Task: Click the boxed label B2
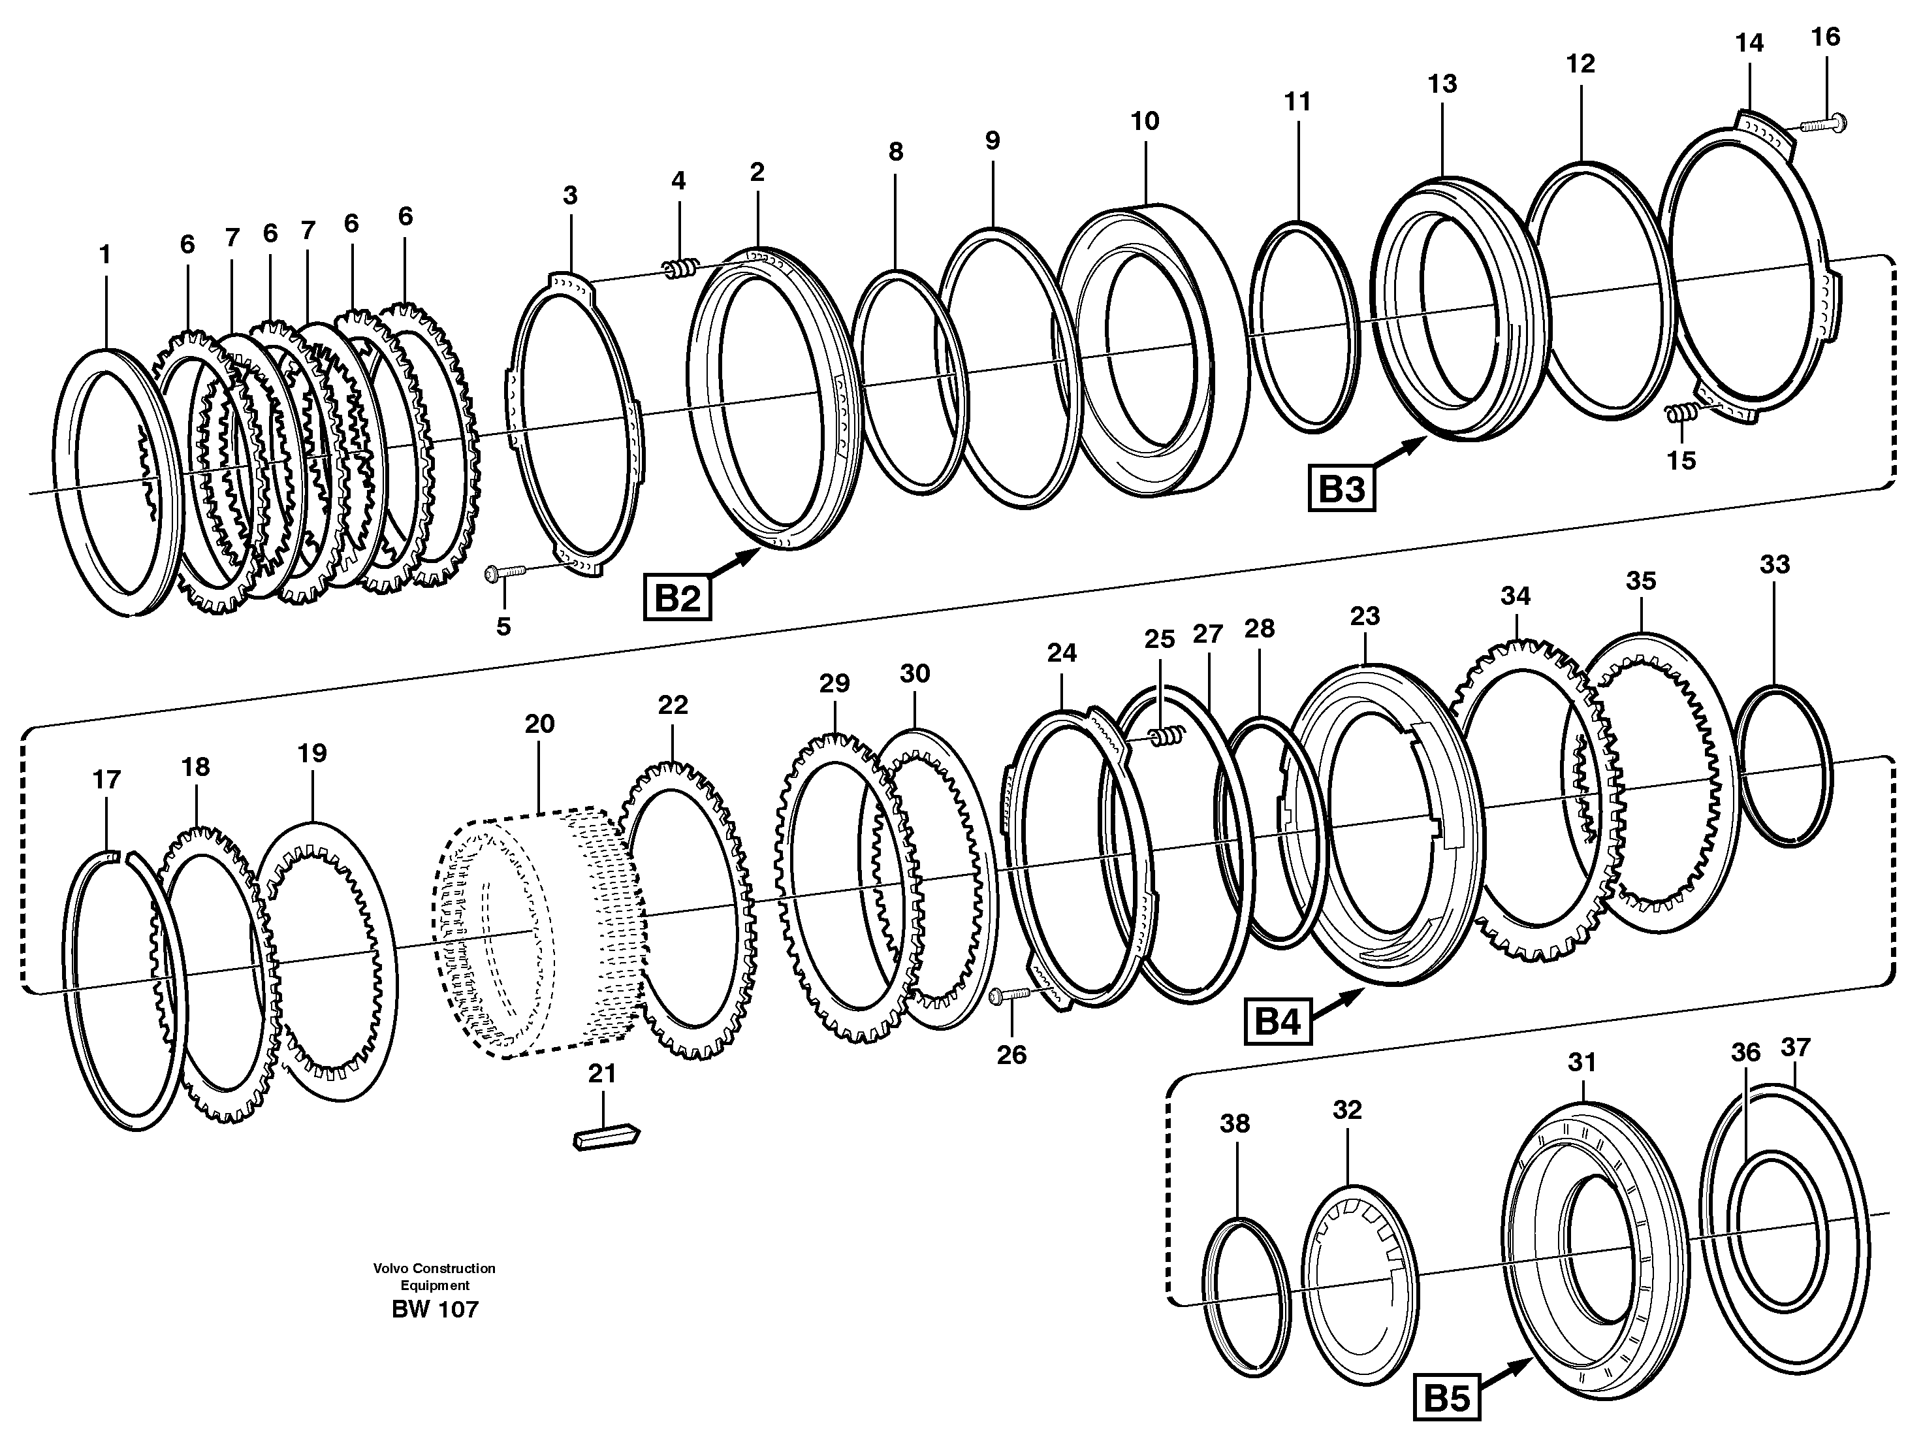coord(676,598)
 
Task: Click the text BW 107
coord(435,1310)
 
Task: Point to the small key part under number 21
coord(606,1139)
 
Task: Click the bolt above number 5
coord(505,572)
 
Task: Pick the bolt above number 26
coord(1008,995)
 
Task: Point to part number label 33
coord(1774,564)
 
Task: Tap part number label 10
coord(1145,121)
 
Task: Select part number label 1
coord(105,255)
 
